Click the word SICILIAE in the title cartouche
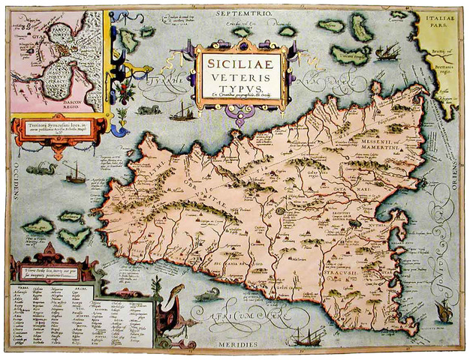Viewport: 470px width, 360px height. pyautogui.click(x=240, y=58)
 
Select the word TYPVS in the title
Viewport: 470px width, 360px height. pyautogui.click(x=240, y=85)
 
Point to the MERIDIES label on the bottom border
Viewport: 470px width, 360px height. pyautogui.click(x=238, y=344)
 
